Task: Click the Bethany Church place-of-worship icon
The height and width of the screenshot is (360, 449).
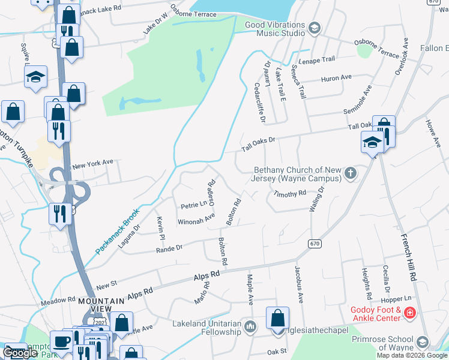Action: point(351,175)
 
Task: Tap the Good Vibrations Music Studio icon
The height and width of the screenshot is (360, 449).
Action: point(314,28)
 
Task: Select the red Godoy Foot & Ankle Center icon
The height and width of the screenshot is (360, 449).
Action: point(410,313)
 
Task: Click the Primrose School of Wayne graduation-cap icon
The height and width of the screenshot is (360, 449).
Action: point(422,342)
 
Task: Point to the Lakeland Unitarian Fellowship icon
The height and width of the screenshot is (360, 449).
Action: point(250,327)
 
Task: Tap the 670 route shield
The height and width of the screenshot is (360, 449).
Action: point(315,244)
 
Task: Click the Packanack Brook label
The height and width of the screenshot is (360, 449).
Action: point(118,230)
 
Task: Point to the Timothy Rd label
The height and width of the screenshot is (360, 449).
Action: point(290,194)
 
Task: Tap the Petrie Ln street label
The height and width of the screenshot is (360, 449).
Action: point(194,205)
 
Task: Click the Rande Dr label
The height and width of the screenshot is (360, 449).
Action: point(169,248)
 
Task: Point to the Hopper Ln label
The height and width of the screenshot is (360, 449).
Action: point(399,298)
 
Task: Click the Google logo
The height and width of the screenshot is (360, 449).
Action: point(20,353)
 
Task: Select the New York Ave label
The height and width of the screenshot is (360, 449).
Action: point(92,163)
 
